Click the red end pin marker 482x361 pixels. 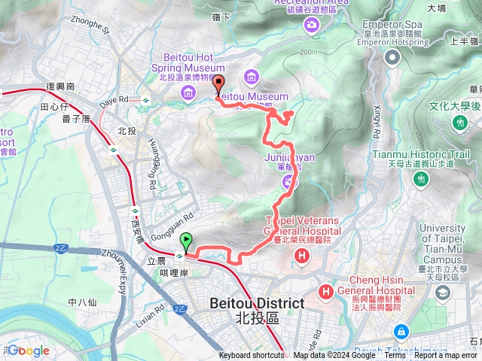(219, 84)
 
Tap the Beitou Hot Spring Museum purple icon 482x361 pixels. (188, 92)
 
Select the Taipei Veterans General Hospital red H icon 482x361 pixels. (302, 256)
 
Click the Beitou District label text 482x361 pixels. (256, 304)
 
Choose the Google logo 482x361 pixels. (28, 350)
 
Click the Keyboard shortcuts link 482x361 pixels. (252, 356)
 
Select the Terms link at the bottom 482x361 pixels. (395, 356)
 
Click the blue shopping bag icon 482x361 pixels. (401, 331)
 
